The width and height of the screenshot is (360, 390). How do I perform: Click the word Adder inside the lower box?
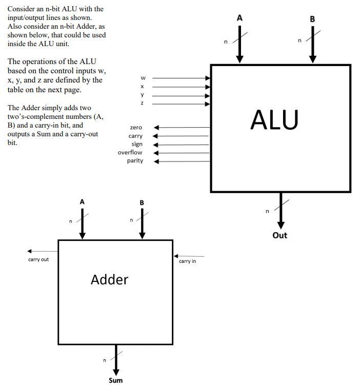click(109, 279)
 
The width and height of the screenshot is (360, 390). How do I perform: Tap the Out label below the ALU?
click(280, 235)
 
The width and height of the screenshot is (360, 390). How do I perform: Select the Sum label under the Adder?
click(115, 380)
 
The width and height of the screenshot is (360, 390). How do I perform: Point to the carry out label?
click(38, 259)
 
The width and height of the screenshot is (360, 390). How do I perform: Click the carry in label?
click(187, 261)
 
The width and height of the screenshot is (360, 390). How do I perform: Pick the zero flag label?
click(136, 127)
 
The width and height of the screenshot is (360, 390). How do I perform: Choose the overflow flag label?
click(130, 152)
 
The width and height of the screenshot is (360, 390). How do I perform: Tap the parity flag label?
click(135, 160)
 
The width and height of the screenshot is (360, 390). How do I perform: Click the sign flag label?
click(137, 144)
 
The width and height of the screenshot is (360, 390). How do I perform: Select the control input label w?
click(143, 78)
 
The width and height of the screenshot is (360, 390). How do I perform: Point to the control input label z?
click(143, 104)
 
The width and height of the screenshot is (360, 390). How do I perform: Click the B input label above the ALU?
click(313, 19)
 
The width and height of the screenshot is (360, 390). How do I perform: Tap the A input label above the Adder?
click(82, 202)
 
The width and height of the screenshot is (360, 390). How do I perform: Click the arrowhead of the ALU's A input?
click(239, 59)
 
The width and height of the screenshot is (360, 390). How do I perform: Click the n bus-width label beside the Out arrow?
click(267, 211)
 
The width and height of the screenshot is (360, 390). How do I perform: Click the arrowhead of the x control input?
click(208, 87)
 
